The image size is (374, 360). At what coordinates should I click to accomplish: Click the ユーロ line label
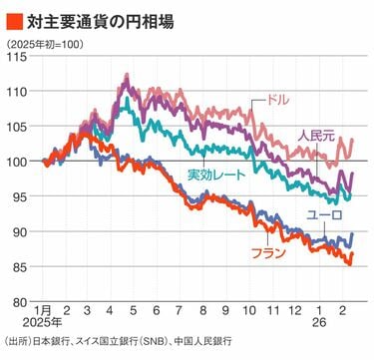pyautogui.click(x=324, y=215)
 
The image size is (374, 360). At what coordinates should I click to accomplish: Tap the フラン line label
pyautogui.click(x=268, y=253)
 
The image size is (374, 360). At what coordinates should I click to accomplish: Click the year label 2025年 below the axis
pyautogui.click(x=41, y=325)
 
